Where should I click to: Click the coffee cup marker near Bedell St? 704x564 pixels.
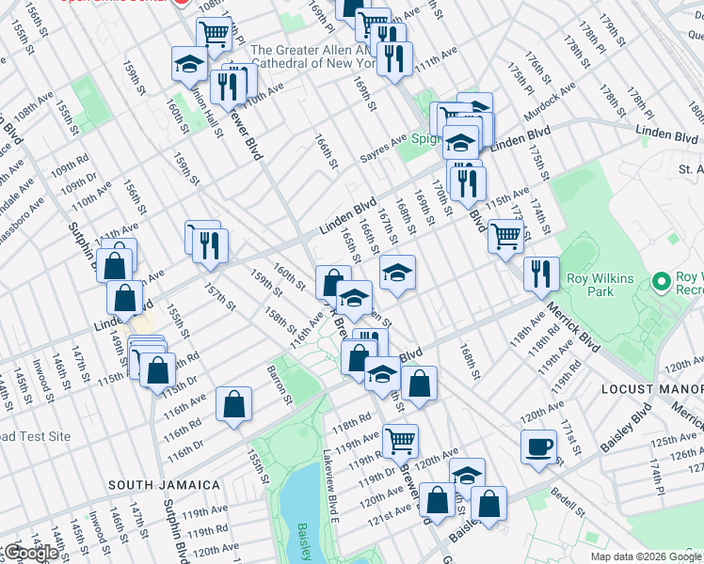(539, 446)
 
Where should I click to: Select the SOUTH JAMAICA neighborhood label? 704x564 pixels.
(164, 485)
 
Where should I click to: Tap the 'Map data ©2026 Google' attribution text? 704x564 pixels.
(646, 556)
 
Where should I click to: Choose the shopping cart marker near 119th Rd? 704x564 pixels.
(401, 439)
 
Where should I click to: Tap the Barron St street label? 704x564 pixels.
(280, 386)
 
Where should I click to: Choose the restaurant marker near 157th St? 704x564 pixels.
(211, 244)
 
